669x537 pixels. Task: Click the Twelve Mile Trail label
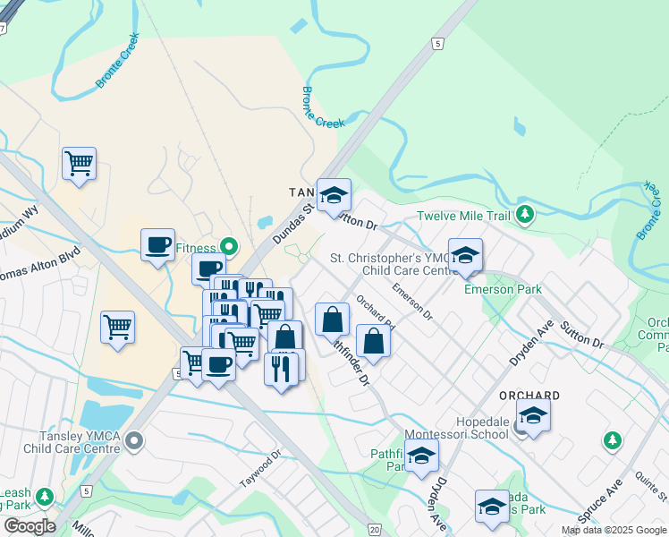[x=465, y=216]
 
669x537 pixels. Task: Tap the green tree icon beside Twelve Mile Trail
[x=526, y=215]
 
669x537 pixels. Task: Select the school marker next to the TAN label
[x=334, y=197]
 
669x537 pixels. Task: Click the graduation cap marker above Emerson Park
[x=465, y=255]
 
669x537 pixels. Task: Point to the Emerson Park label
[x=490, y=289]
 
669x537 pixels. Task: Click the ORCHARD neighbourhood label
[x=531, y=395]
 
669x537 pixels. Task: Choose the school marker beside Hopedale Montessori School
[x=533, y=416]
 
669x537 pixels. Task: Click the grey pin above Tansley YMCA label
[x=135, y=439]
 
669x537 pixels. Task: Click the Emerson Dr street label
[x=411, y=303]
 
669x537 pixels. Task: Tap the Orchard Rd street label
[x=374, y=311]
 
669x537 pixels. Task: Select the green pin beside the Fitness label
[x=229, y=247]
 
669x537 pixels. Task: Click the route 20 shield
[x=373, y=530]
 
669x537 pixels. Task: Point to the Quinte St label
[x=650, y=490]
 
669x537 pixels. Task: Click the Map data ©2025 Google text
[x=614, y=530]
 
